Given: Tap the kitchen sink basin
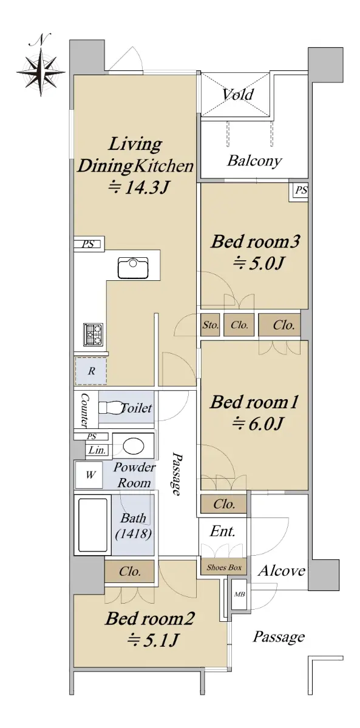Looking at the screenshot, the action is (x=133, y=268).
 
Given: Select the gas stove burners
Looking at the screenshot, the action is (x=93, y=334).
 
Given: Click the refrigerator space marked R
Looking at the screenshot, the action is (x=91, y=371).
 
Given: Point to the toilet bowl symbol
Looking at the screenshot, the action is (x=111, y=408).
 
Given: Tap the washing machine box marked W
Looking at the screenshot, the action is (x=89, y=475).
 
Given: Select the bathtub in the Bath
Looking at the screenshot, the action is (x=93, y=525).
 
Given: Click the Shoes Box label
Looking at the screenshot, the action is (x=224, y=567).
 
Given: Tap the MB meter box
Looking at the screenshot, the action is (x=239, y=594).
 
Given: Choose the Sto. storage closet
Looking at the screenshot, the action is (x=210, y=325).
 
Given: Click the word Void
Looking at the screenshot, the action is (x=238, y=95).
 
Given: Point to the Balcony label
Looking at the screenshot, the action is (x=254, y=161).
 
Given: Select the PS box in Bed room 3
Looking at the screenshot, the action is (x=301, y=190).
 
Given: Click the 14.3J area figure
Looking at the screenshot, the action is (x=138, y=187).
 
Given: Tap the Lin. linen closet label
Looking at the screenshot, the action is (x=97, y=450).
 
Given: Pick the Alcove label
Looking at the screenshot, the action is (x=282, y=570).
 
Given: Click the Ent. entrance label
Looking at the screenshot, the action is (x=222, y=531).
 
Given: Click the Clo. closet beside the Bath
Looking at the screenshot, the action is (x=129, y=571).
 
